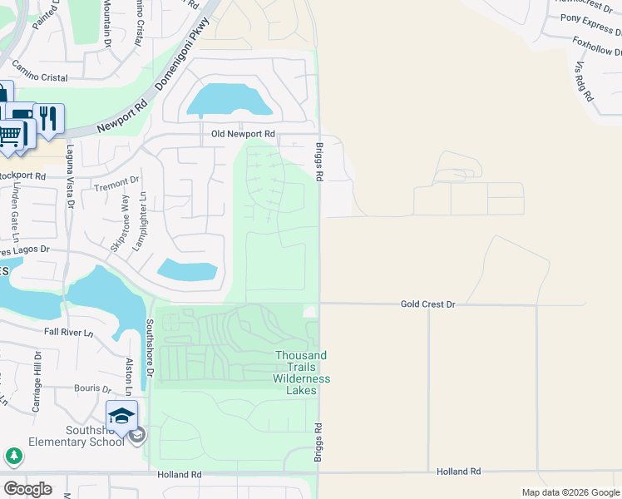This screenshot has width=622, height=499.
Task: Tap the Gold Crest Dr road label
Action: click(x=428, y=305)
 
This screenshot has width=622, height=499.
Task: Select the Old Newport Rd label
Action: click(x=243, y=134)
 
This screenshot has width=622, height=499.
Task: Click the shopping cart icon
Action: click(x=11, y=134)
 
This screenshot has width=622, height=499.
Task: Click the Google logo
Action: click(x=27, y=489)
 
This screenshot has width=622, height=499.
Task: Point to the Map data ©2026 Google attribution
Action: click(x=570, y=492)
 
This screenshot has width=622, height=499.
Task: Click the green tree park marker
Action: click(x=14, y=456)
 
